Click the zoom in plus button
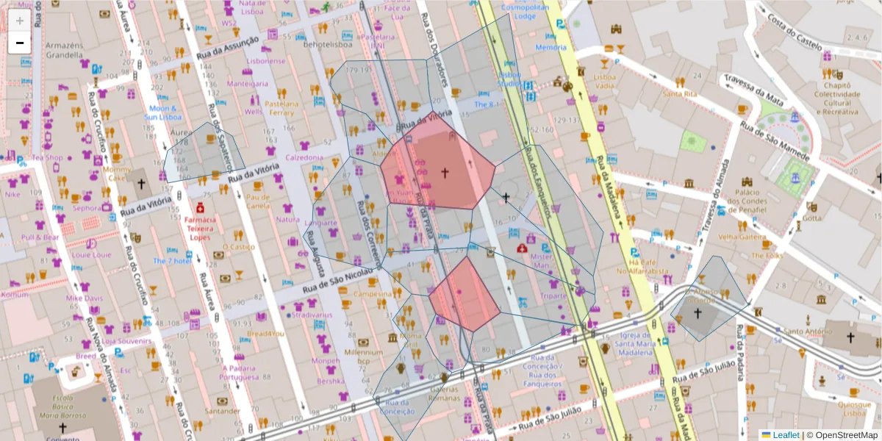click(20, 21)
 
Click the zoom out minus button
click(20, 43)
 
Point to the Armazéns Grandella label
click(64, 49)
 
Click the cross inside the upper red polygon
click(444, 172)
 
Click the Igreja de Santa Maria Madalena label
click(634, 348)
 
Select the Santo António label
click(803, 331)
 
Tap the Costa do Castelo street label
click(794, 32)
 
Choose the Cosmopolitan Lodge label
click(524, 11)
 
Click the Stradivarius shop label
click(312, 315)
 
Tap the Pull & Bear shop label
click(40, 237)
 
